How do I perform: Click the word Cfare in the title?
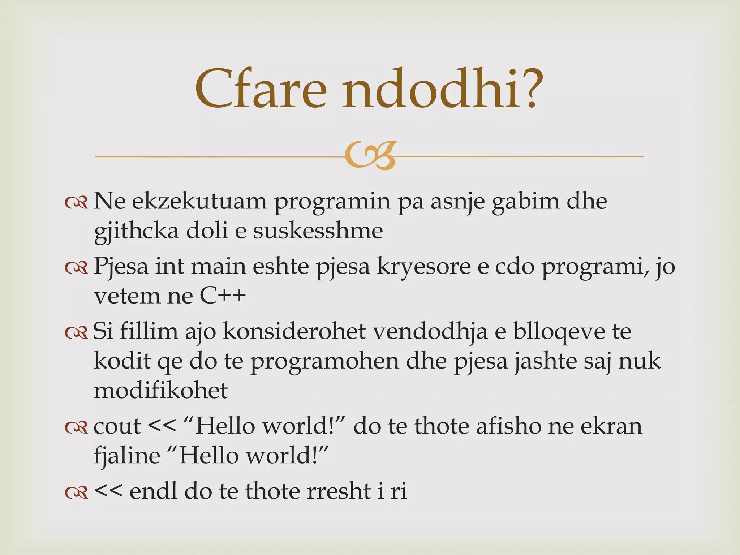[x=260, y=89]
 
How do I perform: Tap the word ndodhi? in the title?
[x=443, y=89]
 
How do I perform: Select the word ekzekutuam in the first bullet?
[x=199, y=202]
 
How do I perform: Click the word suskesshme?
[x=318, y=231]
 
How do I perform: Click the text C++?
[x=223, y=296]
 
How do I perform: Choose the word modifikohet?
[x=161, y=391]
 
